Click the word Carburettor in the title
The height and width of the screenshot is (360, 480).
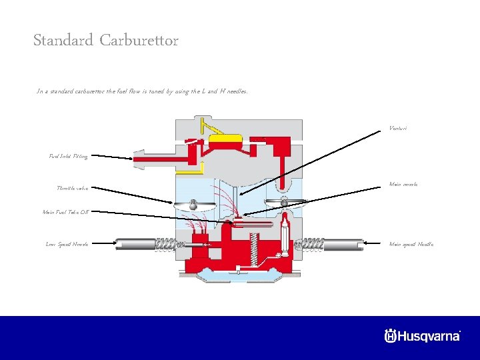click(139, 41)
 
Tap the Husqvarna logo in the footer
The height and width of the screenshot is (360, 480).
click(422, 335)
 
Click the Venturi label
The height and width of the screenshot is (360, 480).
click(397, 128)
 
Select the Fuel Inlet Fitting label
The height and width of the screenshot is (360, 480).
click(68, 156)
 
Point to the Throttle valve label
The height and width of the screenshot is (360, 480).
click(72, 188)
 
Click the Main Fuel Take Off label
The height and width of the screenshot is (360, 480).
click(65, 212)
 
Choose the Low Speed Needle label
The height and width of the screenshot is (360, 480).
click(67, 244)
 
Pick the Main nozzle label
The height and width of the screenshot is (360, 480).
click(403, 184)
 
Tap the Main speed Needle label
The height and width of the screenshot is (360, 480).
click(411, 244)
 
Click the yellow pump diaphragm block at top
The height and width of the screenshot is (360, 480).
click(225, 139)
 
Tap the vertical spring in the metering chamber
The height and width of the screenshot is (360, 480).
click(253, 253)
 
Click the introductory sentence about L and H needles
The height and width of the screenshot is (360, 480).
click(142, 91)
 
